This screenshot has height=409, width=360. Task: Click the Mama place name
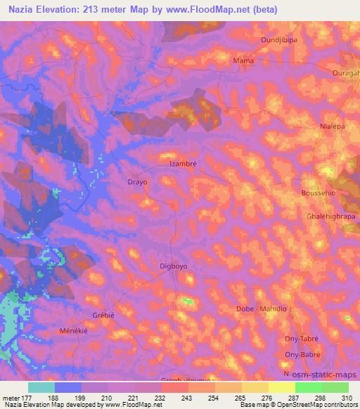click(243, 61)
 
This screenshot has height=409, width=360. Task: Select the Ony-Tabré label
click(302, 338)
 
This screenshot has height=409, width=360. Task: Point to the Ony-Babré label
click(302, 355)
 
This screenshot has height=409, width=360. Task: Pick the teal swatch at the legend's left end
click(41, 387)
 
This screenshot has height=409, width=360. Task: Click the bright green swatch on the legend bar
click(308, 387)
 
